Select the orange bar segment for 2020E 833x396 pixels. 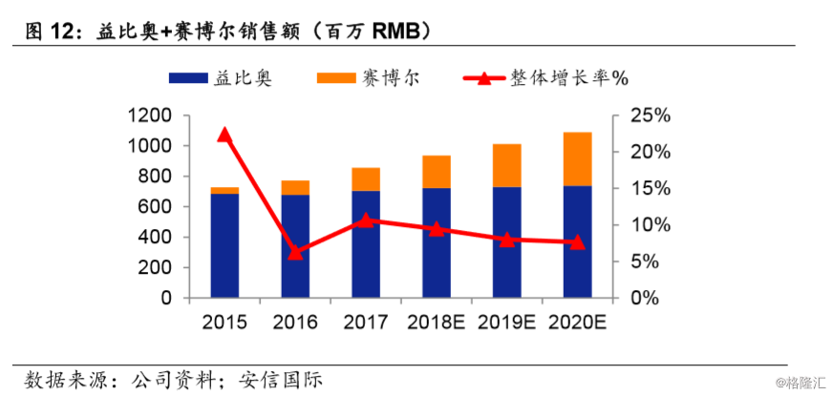(x=577, y=158)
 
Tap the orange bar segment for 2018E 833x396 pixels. (x=436, y=172)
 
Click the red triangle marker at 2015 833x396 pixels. (x=224, y=135)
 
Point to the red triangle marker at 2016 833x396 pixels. (x=295, y=253)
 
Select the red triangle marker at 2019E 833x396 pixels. (x=506, y=240)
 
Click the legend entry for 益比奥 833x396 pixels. (x=220, y=78)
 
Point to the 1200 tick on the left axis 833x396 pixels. (x=150, y=115)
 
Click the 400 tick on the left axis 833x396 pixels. (x=157, y=237)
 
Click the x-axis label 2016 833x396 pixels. (x=295, y=322)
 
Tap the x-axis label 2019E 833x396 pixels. (x=506, y=322)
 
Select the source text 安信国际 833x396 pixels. (x=282, y=380)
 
